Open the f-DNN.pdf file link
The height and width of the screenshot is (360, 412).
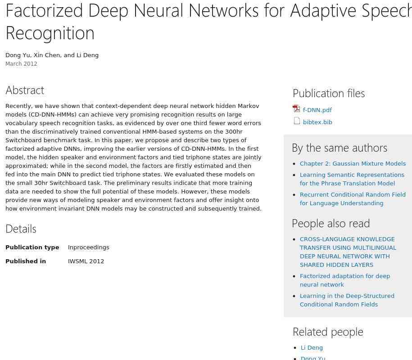click(x=317, y=110)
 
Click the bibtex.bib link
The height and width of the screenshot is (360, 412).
click(x=317, y=122)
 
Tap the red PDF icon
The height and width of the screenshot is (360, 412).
click(x=296, y=109)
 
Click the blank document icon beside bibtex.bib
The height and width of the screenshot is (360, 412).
click(x=297, y=121)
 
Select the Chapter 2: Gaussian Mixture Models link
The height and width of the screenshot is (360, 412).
click(x=353, y=163)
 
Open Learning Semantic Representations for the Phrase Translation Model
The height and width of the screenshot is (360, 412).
click(x=352, y=179)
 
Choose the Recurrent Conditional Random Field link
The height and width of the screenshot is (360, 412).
click(x=353, y=199)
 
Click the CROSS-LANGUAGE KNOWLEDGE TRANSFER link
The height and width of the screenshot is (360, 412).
click(x=348, y=252)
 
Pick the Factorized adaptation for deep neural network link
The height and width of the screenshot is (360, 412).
click(x=344, y=280)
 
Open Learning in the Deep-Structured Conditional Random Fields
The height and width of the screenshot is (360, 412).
click(x=347, y=300)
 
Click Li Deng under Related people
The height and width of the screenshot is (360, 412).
click(x=312, y=347)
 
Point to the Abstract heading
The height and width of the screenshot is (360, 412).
click(x=25, y=90)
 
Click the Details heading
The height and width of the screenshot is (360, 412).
click(x=21, y=229)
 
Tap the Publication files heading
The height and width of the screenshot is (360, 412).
click(x=329, y=93)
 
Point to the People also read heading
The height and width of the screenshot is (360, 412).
click(x=331, y=223)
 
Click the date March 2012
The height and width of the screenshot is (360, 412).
click(x=21, y=64)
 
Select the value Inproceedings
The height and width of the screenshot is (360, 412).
click(x=88, y=247)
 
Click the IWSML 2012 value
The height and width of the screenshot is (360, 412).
click(x=86, y=261)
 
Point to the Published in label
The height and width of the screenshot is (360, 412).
click(x=26, y=261)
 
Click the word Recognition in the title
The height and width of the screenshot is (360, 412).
click(x=50, y=33)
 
